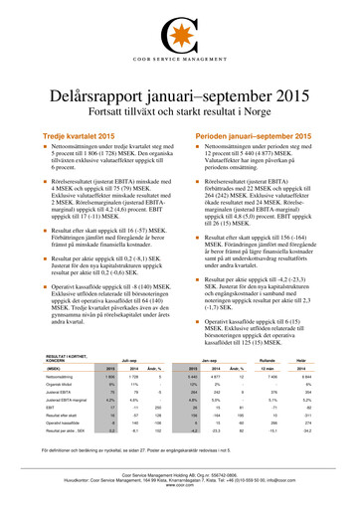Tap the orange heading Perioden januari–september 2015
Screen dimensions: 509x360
click(x=241, y=105)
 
